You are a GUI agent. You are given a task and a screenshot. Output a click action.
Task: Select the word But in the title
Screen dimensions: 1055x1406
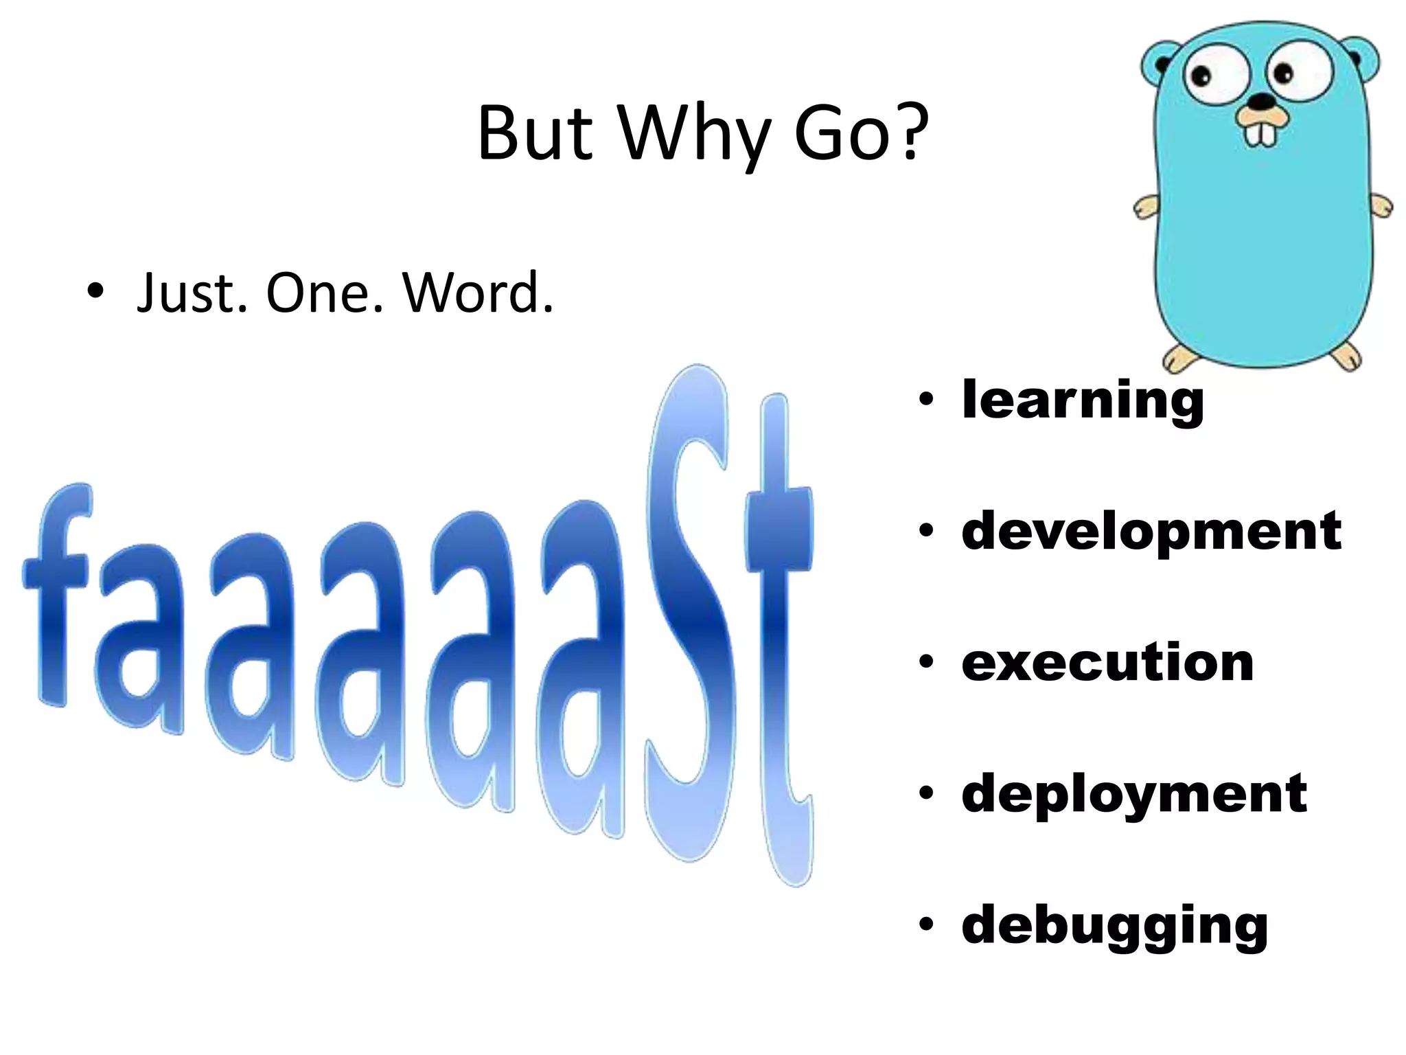[534, 134]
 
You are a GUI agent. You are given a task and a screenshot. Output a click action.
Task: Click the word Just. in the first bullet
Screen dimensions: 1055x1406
[192, 293]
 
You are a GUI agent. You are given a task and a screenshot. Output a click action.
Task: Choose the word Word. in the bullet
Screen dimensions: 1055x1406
[478, 293]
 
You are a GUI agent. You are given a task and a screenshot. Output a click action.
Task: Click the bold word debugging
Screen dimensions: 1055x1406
[1114, 926]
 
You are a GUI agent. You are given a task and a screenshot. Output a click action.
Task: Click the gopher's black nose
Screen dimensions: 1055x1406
[1260, 102]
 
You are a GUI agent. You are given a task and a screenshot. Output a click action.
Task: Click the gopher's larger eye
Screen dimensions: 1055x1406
[1215, 72]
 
